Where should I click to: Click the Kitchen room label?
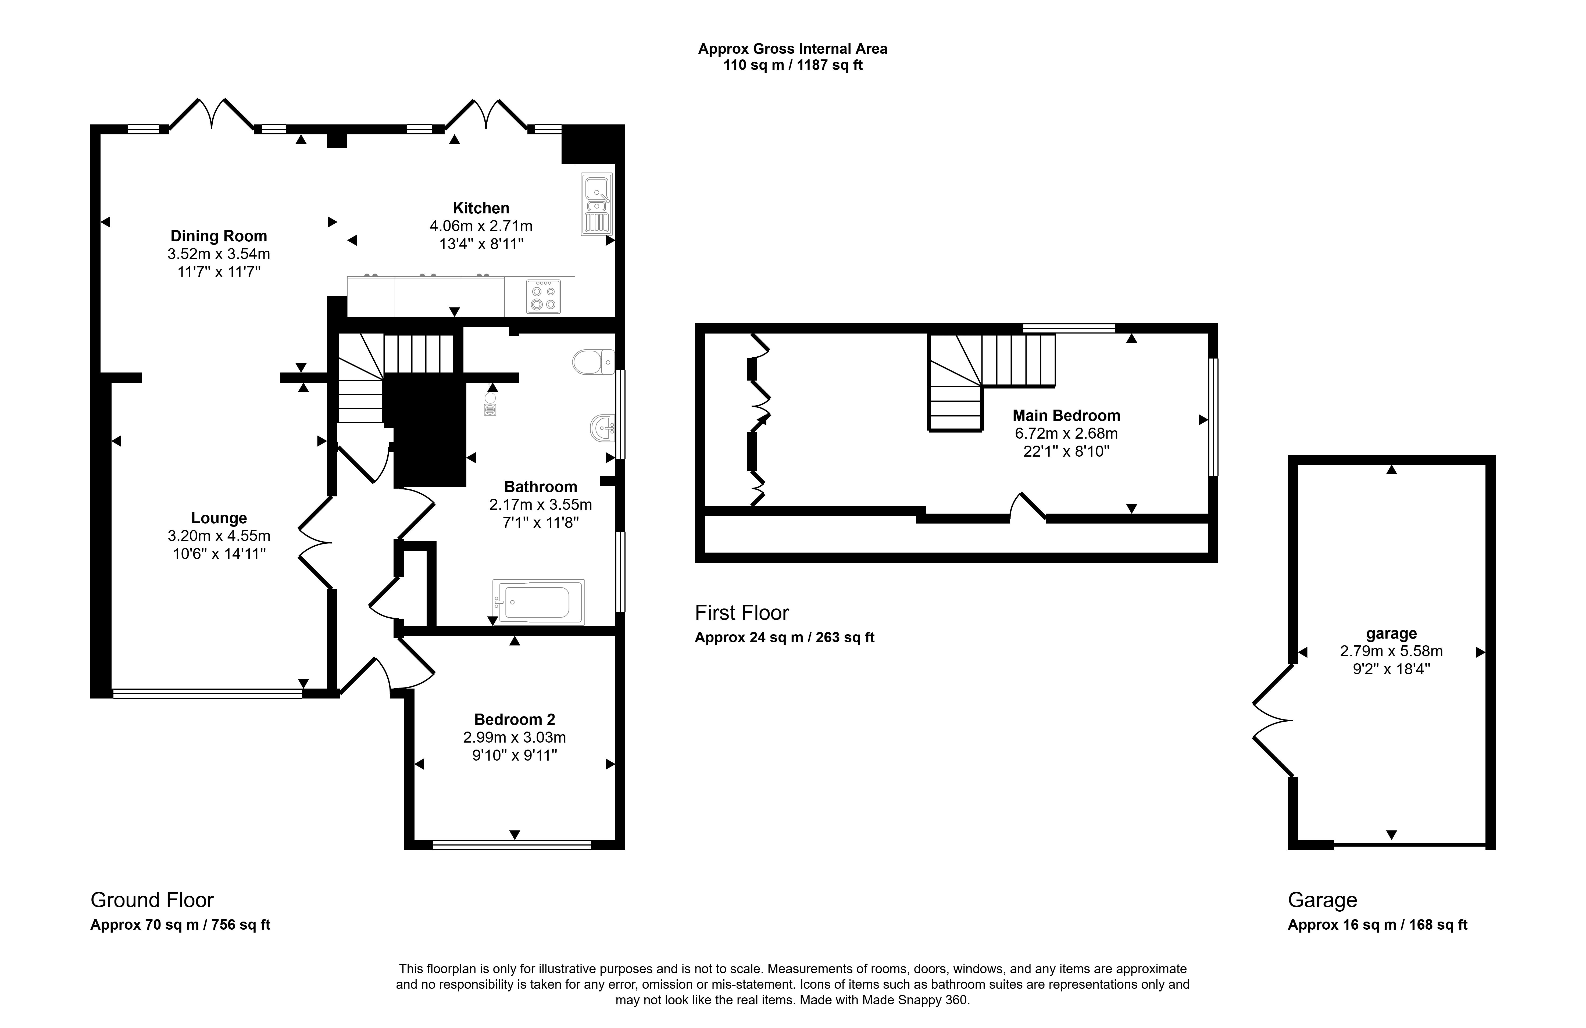click(481, 208)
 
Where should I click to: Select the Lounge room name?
click(219, 518)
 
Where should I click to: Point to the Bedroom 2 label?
click(515, 719)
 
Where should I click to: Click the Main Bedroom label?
click(1066, 416)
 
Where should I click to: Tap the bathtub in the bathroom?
click(538, 601)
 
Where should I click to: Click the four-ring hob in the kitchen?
click(543, 296)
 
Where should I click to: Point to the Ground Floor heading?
click(152, 900)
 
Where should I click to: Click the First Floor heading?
click(742, 612)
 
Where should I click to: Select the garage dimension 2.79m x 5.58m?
click(1391, 651)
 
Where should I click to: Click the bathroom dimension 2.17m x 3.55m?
click(540, 504)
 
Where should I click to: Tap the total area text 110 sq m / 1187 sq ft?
click(793, 65)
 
